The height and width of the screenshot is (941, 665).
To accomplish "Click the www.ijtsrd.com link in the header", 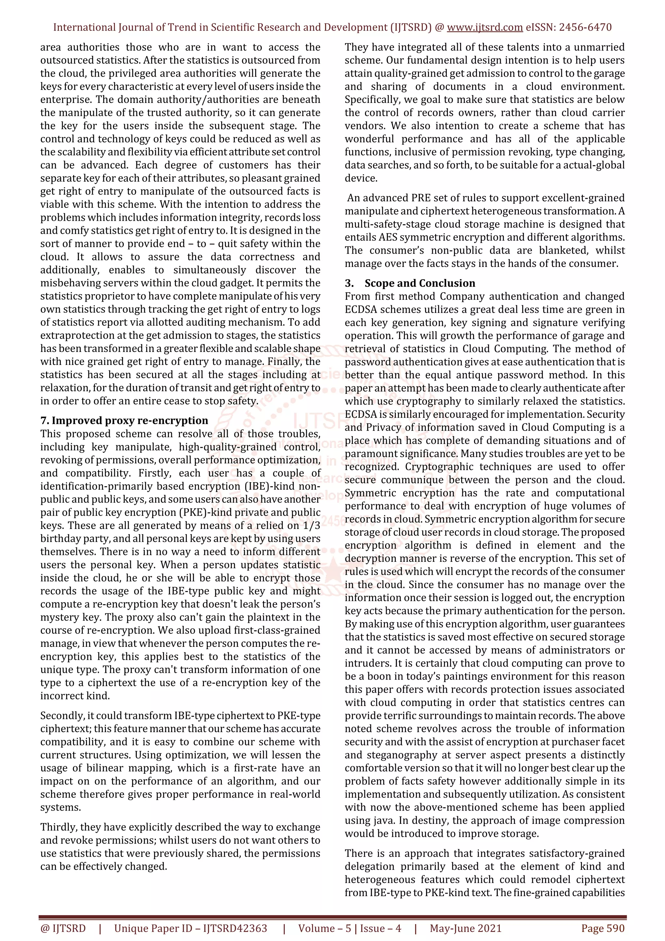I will click(484, 28).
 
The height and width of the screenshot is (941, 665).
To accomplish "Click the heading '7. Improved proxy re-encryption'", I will click(124, 420).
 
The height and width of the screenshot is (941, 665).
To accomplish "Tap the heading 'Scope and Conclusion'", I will click(420, 283).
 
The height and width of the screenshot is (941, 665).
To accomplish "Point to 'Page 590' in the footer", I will click(603, 928).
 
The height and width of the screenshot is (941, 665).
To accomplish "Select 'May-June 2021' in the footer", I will click(465, 928).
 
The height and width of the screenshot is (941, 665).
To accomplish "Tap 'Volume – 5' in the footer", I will click(324, 928).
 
